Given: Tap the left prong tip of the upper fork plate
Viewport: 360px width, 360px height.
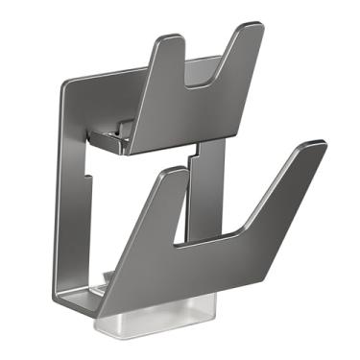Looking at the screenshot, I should [x=170, y=41].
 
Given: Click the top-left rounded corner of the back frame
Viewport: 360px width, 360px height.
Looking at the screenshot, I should [x=65, y=84].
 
